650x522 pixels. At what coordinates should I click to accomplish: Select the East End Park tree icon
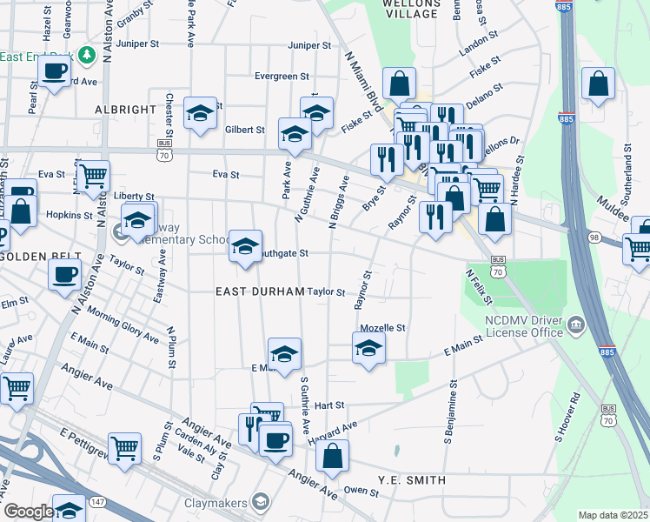[x=86, y=56]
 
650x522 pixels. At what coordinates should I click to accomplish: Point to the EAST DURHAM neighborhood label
[x=260, y=291]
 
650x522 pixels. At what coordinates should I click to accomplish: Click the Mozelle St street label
[x=383, y=328]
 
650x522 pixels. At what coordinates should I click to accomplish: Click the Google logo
[x=29, y=512]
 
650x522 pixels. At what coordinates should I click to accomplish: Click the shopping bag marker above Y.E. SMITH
[x=332, y=456]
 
